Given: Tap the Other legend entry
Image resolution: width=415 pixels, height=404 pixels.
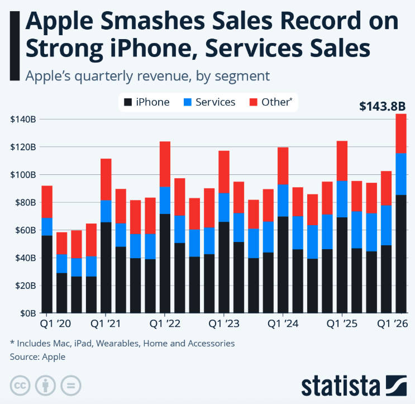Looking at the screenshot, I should click(273, 102).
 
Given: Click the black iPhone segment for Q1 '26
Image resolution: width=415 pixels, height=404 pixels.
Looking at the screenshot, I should click(401, 254).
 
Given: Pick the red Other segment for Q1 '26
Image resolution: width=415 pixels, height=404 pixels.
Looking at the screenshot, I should click(401, 133).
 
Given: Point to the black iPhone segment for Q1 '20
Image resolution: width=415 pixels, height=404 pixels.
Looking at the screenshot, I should click(47, 274).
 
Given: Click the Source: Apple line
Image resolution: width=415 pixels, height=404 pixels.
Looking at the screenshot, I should click(37, 357).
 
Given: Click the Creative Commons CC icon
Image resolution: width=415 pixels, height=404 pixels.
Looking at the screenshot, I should click(21, 385).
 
